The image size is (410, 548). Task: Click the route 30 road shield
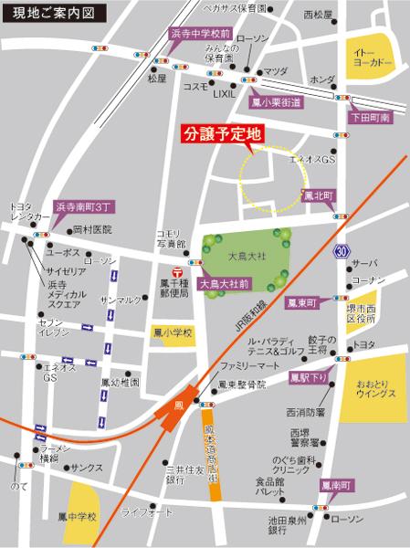(341, 249)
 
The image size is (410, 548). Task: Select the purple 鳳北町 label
(321, 195)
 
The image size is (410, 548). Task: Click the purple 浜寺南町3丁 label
(85, 208)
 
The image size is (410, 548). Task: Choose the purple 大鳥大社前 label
(220, 284)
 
